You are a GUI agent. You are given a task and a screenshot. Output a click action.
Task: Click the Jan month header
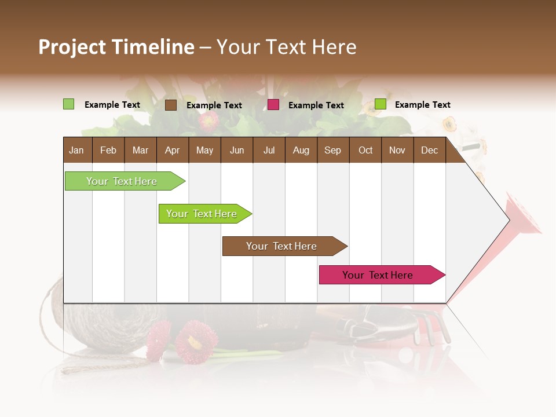76,150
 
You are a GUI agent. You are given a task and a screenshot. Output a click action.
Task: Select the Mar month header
140,150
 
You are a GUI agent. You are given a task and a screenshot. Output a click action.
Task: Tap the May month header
204,150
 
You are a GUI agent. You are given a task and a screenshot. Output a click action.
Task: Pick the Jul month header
269,150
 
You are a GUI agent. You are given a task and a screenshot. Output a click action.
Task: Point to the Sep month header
332,150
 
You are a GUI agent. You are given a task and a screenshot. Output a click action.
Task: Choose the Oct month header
365,150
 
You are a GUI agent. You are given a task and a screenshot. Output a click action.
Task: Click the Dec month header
429,150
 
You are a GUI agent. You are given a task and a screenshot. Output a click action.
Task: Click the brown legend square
171,105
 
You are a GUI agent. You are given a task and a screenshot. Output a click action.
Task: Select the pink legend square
273,105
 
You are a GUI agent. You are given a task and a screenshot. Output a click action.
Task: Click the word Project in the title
72,47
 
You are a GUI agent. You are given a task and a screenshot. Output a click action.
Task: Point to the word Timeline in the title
153,47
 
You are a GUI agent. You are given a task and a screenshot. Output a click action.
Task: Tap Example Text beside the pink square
316,105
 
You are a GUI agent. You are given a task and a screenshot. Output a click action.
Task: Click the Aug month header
301,150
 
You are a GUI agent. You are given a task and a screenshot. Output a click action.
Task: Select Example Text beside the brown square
214,105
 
